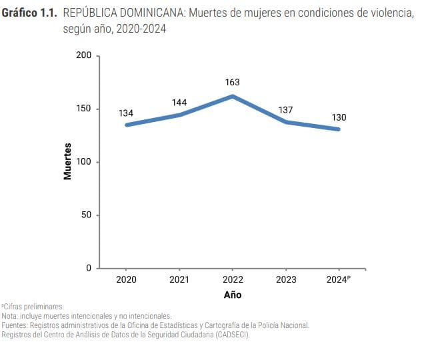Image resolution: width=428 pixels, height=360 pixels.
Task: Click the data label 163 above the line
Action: click(233, 83)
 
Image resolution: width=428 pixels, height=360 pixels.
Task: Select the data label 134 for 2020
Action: click(126, 113)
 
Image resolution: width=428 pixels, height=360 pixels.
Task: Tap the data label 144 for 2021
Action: click(179, 103)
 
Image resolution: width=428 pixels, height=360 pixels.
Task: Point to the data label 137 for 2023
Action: click(286, 109)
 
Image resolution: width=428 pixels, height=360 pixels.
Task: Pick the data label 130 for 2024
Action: click(339, 117)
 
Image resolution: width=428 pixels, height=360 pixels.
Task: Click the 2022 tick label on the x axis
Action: click(233, 280)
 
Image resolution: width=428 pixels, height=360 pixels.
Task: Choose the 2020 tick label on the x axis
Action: click(126, 280)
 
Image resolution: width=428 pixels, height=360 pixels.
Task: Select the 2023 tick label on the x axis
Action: click(286, 280)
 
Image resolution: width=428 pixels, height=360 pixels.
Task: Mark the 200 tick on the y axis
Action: click(84, 55)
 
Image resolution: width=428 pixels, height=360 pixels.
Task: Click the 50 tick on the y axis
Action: click(87, 215)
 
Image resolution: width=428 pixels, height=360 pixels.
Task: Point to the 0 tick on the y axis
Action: click(89, 269)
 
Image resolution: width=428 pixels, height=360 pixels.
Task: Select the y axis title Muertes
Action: click(67, 162)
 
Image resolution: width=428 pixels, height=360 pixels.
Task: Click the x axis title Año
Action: click(233, 295)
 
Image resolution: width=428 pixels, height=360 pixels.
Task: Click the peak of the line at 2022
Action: click(233, 96)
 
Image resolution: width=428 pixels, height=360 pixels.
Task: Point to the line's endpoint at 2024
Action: click(339, 129)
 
